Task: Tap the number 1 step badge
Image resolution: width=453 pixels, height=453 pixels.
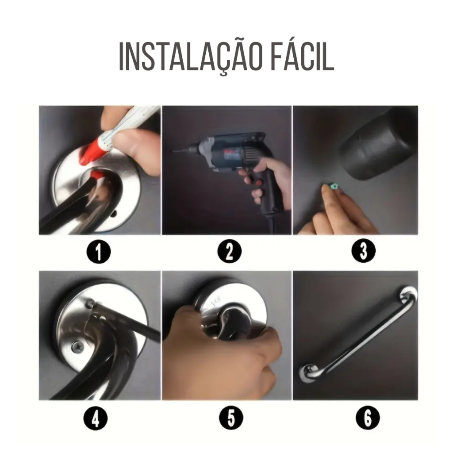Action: (99, 252)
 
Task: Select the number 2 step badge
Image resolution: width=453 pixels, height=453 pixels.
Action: (229, 251)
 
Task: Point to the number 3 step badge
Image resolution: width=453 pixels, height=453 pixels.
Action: (363, 250)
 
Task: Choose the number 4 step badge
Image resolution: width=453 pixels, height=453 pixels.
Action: (96, 418)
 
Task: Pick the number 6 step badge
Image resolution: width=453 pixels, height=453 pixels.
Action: (368, 418)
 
